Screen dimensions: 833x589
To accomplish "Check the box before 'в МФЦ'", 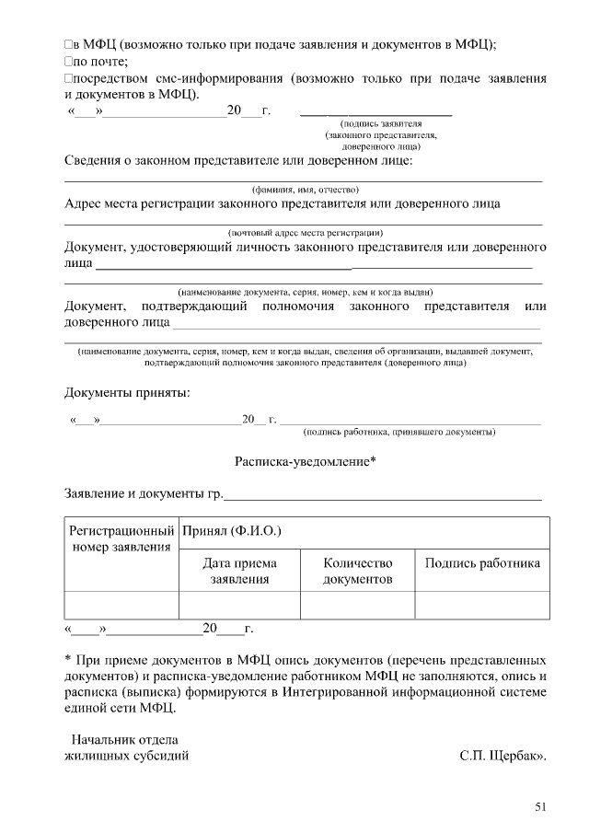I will point(68,45).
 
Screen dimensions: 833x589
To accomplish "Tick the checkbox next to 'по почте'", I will point(68,62).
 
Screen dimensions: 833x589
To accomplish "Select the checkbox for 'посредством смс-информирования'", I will point(68,79).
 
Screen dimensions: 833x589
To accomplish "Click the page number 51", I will point(540,807).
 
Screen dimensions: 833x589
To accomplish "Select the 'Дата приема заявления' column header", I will point(239,571).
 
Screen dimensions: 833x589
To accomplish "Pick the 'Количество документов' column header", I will point(358,571).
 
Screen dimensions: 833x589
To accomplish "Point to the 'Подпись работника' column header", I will point(482,563).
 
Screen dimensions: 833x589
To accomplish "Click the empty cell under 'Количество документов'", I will point(358,605).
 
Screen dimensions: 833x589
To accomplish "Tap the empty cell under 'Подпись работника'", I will point(482,605).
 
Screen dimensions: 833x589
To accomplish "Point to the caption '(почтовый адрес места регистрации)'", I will point(305,232).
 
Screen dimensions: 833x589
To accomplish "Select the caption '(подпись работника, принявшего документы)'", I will point(399,431).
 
